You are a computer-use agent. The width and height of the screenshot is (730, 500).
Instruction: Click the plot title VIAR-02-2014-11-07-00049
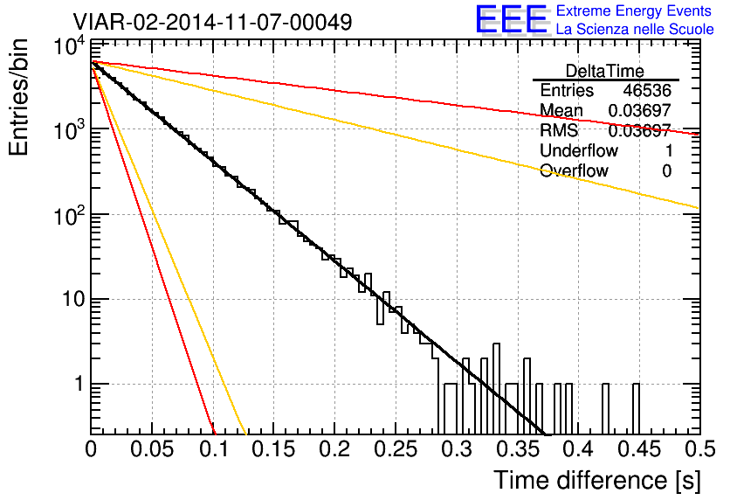pyautogui.click(x=212, y=22)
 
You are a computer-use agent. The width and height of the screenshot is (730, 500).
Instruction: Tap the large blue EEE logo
pyautogui.click(x=512, y=19)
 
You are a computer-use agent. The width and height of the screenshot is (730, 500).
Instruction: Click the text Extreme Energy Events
pyautogui.click(x=634, y=10)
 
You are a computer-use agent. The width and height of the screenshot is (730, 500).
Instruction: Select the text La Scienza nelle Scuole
pyautogui.click(x=635, y=29)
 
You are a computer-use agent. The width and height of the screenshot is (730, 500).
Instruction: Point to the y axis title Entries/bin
pyautogui.click(x=18, y=97)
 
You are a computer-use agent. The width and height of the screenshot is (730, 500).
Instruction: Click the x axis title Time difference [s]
pyautogui.click(x=597, y=481)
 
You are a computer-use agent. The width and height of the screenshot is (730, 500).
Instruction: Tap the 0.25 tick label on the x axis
pyautogui.click(x=396, y=449)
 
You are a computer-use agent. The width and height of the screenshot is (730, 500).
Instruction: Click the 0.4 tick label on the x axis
pyautogui.click(x=579, y=449)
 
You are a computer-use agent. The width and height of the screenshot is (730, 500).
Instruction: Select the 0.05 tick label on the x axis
pyautogui.click(x=152, y=449)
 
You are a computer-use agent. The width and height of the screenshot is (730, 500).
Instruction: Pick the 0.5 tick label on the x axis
pyautogui.click(x=700, y=449)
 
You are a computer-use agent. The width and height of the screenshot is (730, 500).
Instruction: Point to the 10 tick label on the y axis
pyautogui.click(x=73, y=299)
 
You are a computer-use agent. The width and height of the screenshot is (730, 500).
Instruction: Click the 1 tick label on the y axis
pyautogui.click(x=79, y=384)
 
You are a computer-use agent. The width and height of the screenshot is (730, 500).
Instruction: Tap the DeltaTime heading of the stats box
pyautogui.click(x=604, y=71)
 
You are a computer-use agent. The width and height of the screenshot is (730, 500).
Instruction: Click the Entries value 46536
pyautogui.click(x=647, y=90)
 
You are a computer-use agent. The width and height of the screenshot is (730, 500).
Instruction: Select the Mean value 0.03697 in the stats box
pyautogui.click(x=640, y=110)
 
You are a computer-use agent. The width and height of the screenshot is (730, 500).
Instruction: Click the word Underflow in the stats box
pyautogui.click(x=579, y=150)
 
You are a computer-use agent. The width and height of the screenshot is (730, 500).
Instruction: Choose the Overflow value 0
pyautogui.click(x=666, y=171)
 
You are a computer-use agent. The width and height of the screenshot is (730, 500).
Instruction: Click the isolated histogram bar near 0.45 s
pyautogui.click(x=636, y=409)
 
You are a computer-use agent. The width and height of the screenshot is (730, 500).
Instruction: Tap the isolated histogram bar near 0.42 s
pyautogui.click(x=605, y=409)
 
